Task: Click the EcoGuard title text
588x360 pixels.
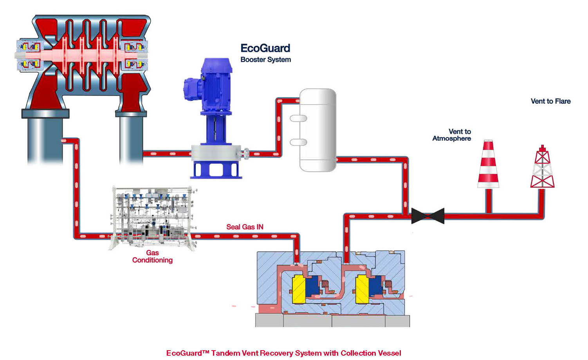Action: click(x=265, y=48)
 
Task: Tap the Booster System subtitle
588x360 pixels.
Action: click(x=266, y=60)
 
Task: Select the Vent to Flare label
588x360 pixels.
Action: click(x=550, y=101)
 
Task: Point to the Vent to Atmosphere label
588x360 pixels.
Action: click(x=452, y=135)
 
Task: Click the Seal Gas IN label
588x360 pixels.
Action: click(x=245, y=227)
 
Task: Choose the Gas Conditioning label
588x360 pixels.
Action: click(x=152, y=256)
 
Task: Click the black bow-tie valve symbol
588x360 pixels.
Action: click(x=427, y=216)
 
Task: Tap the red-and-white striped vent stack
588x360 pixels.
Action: click(x=488, y=164)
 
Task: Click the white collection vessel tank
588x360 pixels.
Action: click(x=317, y=130)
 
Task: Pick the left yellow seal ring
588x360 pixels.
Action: click(x=299, y=289)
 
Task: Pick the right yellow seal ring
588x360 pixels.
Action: click(x=362, y=289)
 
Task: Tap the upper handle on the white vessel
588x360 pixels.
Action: click(x=298, y=118)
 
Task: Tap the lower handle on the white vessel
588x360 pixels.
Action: click(x=298, y=142)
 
